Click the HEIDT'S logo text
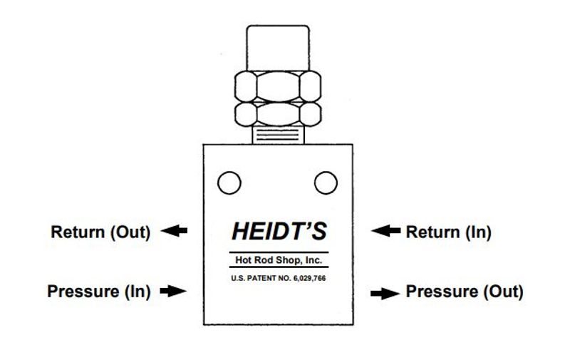pyautogui.click(x=279, y=231)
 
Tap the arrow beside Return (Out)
pyautogui.click(x=174, y=230)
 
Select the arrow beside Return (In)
pyautogui.click(x=385, y=230)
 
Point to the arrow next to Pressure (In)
pyautogui.click(x=173, y=291)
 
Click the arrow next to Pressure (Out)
pyautogui.click(x=385, y=294)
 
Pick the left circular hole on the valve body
pyautogui.click(x=229, y=182)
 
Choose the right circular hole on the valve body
pyautogui.click(x=326, y=182)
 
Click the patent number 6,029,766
pyautogui.click(x=309, y=279)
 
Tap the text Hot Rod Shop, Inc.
pyautogui.click(x=279, y=260)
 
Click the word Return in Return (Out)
pyautogui.click(x=78, y=232)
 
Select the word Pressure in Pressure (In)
pyautogui.click(x=83, y=292)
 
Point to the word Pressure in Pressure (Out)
pyautogui.click(x=442, y=292)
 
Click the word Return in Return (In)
pyautogui.click(x=433, y=232)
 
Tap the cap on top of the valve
pyautogui.click(x=278, y=48)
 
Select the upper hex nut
pyautogui.click(x=278, y=86)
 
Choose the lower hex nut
pyautogui.click(x=278, y=114)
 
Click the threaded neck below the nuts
pyautogui.click(x=278, y=135)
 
